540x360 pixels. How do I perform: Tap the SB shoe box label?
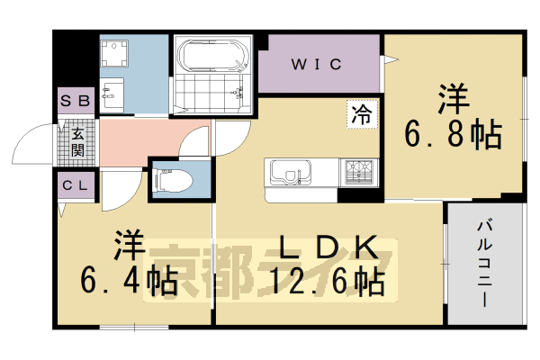click(x=76, y=101)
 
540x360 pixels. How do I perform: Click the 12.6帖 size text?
click(x=328, y=283)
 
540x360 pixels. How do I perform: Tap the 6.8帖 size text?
click(x=452, y=136)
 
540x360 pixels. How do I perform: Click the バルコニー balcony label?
click(x=485, y=261)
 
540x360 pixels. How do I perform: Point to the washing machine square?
click(x=116, y=55)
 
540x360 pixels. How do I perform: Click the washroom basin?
click(x=112, y=94)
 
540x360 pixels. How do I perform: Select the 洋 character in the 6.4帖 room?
click(x=125, y=246)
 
